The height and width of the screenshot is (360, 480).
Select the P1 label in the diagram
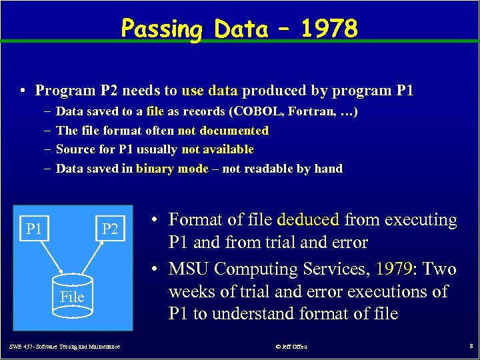33,230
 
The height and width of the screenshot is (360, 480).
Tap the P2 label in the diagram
110,230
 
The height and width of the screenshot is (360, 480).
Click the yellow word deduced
308,219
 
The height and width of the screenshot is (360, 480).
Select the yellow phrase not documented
223,131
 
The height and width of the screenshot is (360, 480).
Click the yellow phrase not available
217,149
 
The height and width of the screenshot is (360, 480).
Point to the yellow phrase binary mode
172,169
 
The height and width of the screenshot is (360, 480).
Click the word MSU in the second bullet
189,269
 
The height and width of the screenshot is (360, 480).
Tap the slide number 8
470,347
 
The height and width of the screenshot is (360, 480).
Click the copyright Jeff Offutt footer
291,347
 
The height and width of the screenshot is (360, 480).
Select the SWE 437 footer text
65,347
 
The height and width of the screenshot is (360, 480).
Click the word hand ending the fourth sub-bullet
328,169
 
